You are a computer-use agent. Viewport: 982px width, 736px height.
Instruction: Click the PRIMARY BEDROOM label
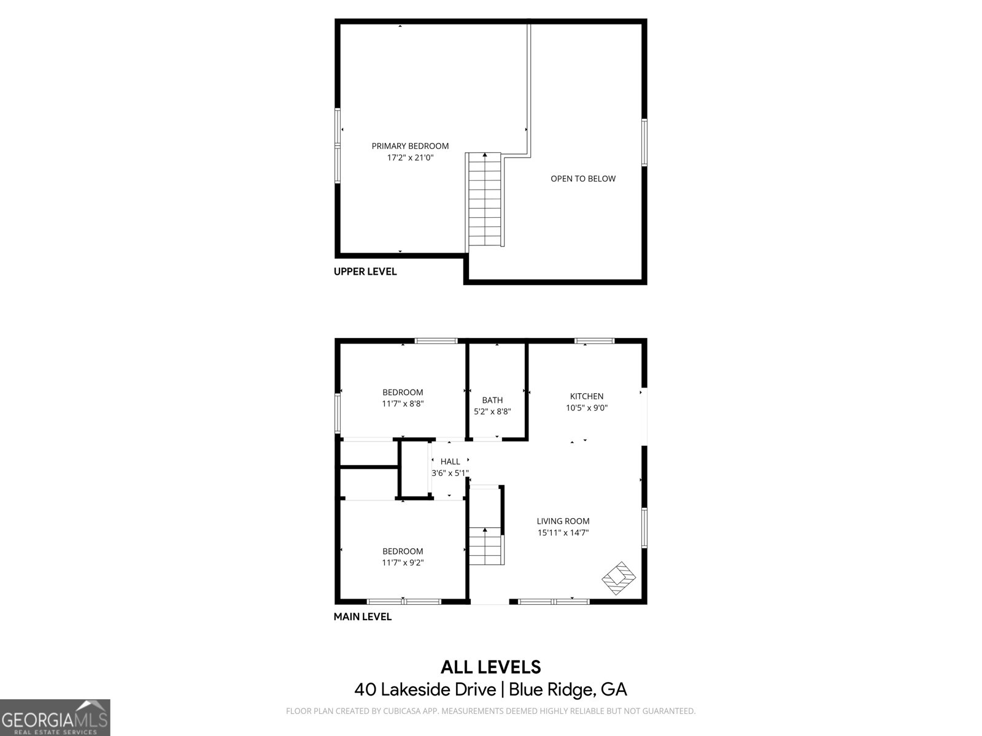point(410,146)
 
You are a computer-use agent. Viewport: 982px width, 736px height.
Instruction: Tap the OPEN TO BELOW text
point(582,178)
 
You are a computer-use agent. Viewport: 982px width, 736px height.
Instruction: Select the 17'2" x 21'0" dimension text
point(410,158)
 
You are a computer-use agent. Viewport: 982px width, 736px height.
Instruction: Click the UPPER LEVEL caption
point(365,272)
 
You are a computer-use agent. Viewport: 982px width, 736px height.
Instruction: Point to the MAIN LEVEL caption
point(362,617)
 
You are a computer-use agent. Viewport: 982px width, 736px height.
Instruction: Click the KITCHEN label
point(587,396)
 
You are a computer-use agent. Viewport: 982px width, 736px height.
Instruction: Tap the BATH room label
point(492,400)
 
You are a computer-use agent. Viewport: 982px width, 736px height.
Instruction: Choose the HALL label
point(450,462)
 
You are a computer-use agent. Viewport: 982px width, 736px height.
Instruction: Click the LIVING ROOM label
point(563,521)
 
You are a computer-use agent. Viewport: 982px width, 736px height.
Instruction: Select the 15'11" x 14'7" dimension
point(563,533)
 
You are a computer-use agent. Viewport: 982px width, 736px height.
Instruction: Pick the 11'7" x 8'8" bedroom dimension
point(403,404)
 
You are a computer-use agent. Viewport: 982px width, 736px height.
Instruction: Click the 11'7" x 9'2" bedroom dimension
point(403,562)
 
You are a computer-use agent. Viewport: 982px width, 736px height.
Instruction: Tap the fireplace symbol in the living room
point(619,577)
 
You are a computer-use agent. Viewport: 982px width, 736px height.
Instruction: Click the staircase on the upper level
point(486,199)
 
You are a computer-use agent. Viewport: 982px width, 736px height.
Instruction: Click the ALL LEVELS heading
point(490,667)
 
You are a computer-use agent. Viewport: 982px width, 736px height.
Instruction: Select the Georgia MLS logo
point(55,718)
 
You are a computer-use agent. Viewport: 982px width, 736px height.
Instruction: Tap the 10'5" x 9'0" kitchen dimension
point(587,408)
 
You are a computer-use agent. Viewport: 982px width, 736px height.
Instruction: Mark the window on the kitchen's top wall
point(594,340)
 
